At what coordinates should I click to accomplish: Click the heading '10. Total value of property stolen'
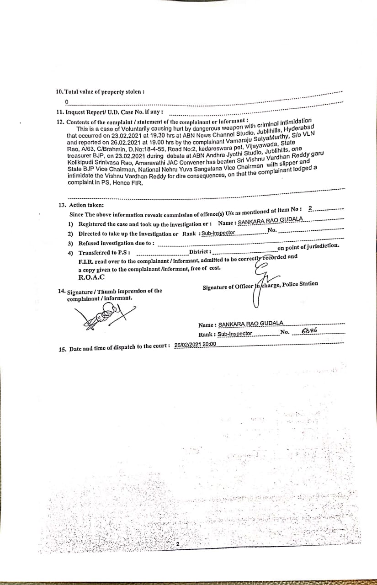tap(100, 91)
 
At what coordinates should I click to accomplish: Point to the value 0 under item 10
tap(67, 101)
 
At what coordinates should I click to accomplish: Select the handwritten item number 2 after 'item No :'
tap(310, 208)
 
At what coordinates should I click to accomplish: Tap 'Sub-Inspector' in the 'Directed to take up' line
tap(218, 233)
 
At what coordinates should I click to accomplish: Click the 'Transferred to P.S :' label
tap(104, 253)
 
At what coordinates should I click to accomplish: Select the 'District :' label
tap(200, 252)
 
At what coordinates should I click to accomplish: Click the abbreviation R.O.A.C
tap(91, 277)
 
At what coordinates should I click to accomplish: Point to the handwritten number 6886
tap(309, 331)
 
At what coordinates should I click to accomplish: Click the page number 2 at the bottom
tap(179, 545)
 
